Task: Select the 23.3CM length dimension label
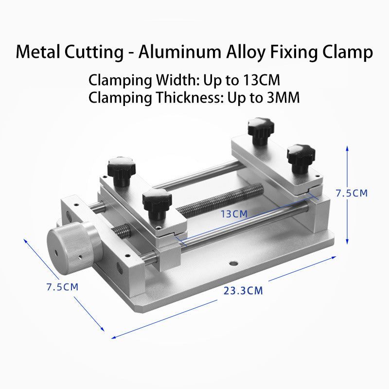point(243,291)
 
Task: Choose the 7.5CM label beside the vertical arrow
point(352,193)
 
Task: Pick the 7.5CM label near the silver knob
point(62,287)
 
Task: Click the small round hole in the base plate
point(234,263)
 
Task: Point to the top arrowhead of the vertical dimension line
point(347,147)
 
